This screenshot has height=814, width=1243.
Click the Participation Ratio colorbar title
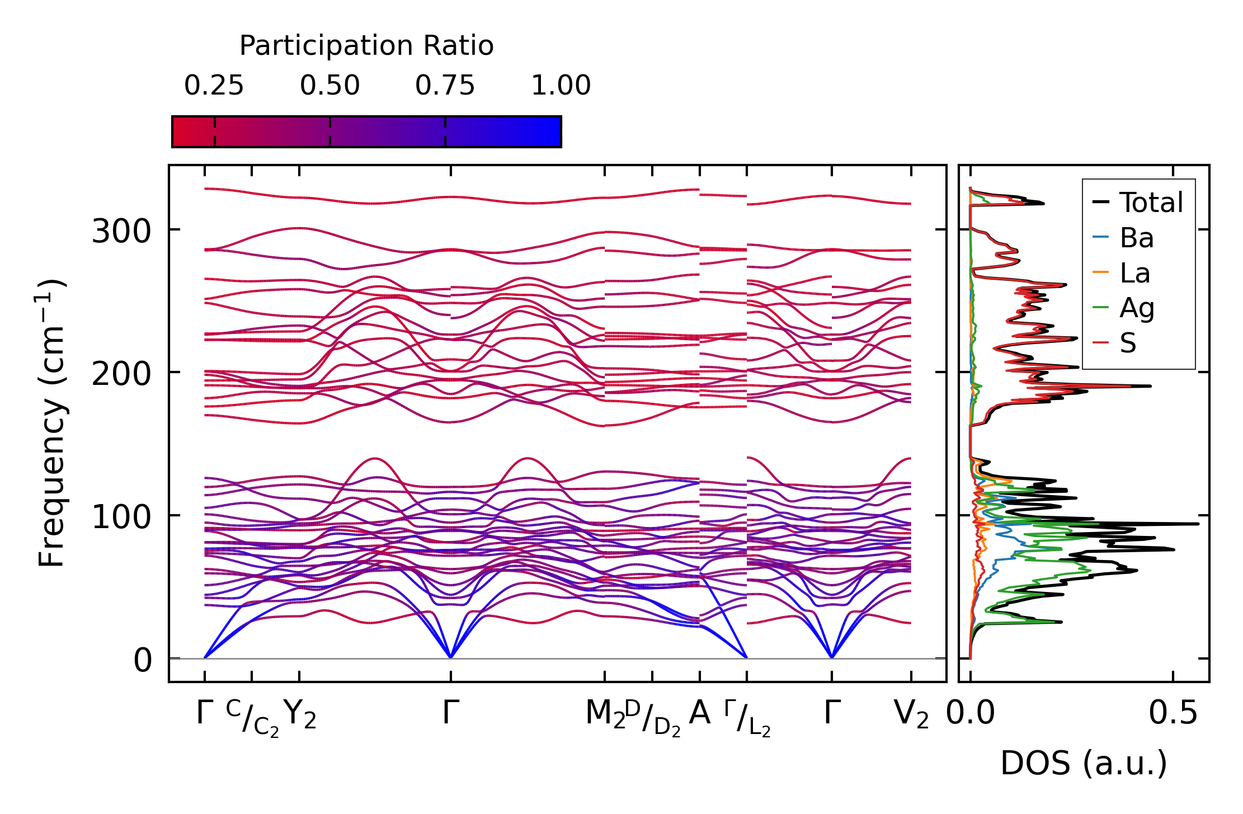coord(366,46)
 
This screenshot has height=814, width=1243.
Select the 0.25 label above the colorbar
coord(214,86)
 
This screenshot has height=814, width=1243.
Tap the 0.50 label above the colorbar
coord(329,86)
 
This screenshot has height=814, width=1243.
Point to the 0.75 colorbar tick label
coord(445,86)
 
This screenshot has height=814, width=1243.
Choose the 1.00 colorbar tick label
coord(561,86)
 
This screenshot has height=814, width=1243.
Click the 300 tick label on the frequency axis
coord(121,231)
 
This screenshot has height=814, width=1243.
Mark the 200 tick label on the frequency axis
coord(121,374)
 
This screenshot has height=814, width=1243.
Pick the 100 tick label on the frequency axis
coord(121,517)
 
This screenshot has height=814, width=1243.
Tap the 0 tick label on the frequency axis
coord(143,660)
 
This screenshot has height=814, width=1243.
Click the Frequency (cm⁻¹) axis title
coord(51,423)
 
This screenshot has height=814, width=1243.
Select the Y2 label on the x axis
coord(300,714)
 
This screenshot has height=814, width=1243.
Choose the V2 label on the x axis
coord(911,714)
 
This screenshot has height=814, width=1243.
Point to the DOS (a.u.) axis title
coord(1084,764)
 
